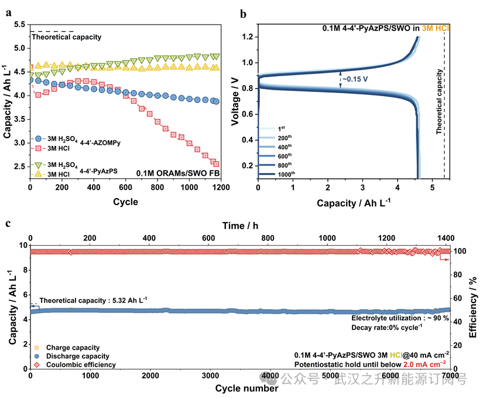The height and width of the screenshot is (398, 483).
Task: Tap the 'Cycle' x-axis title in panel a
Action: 125,202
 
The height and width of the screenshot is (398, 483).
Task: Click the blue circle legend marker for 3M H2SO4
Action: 38,139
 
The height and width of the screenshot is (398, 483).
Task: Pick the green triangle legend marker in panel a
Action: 38,165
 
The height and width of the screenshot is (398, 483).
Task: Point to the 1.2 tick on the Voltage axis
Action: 248,37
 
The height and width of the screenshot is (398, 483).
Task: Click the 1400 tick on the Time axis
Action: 446,238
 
